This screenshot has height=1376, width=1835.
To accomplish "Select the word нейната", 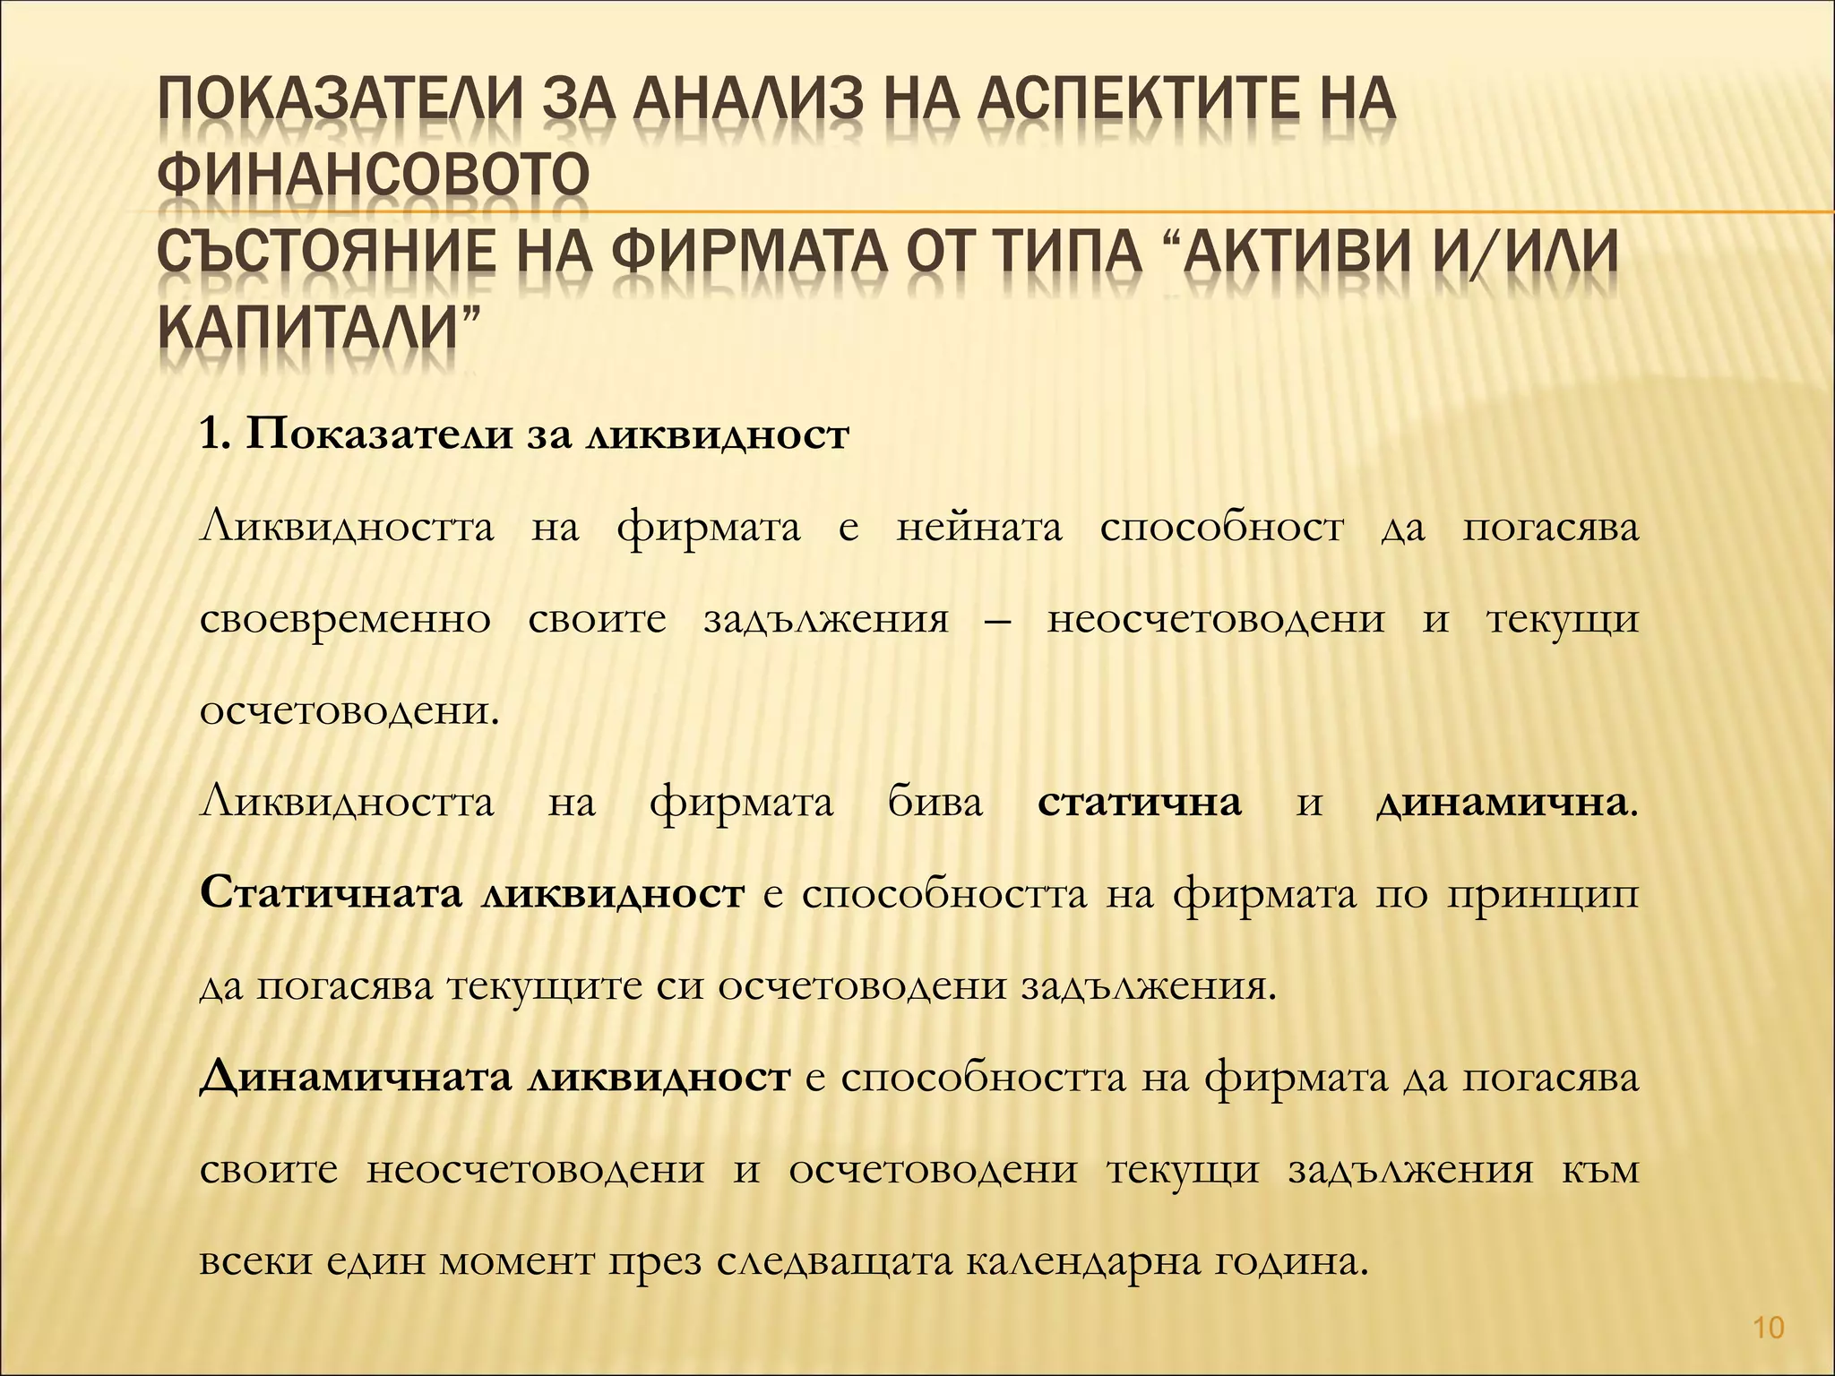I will (978, 528).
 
